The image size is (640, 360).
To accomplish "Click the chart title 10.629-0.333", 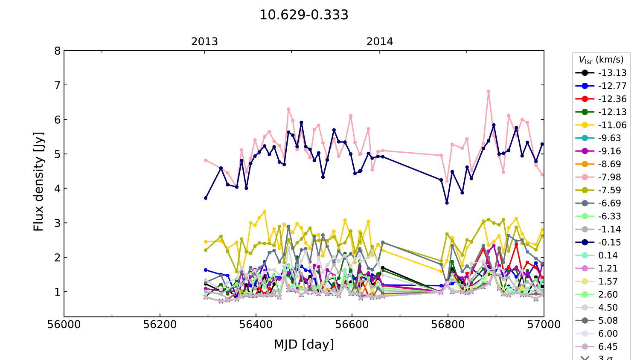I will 304,15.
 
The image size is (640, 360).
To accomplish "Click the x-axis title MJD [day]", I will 304,344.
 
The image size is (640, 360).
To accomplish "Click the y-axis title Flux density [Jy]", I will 39,181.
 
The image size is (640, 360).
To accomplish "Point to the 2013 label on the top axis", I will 204,42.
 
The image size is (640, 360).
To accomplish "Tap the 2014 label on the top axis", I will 379,42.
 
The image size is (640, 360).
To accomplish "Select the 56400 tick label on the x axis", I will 256,325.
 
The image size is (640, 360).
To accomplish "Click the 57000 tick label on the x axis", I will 544,325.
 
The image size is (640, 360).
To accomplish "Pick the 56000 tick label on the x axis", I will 64,325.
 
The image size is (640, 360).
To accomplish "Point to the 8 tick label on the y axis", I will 57,51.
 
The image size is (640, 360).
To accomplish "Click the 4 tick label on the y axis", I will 57,189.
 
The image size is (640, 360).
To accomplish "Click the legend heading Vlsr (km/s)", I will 601,60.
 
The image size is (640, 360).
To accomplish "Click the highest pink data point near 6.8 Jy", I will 489,91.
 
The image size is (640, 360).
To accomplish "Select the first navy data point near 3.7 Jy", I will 206,198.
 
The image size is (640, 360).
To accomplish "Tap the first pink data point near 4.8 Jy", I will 206,160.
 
